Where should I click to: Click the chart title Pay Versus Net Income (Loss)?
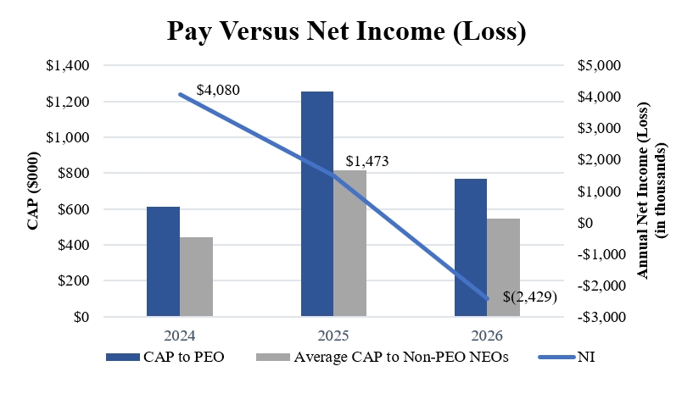pyautogui.click(x=346, y=31)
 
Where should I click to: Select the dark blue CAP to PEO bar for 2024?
pyautogui.click(x=163, y=262)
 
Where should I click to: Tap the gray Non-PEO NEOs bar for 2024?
pyautogui.click(x=196, y=276)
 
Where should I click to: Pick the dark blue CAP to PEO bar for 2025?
pyautogui.click(x=317, y=203)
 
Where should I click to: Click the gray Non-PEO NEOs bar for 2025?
pyautogui.click(x=349, y=243)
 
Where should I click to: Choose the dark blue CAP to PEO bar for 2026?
pyautogui.click(x=471, y=247)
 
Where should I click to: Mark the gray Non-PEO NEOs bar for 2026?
pyautogui.click(x=503, y=267)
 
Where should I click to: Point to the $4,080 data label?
pyautogui.click(x=218, y=90)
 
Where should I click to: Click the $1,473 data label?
pyautogui.click(x=367, y=161)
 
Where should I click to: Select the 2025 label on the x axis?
pyautogui.click(x=333, y=336)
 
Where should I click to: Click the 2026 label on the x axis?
pyautogui.click(x=487, y=336)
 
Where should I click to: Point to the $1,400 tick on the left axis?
pyautogui.click(x=68, y=65)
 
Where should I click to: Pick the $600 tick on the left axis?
pyautogui.click(x=73, y=209)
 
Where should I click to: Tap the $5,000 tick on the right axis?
pyautogui.click(x=599, y=65)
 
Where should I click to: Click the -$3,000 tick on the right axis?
pyautogui.click(x=601, y=317)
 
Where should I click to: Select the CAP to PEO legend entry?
pyautogui.click(x=165, y=357)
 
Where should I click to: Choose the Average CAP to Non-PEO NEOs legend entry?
pyautogui.click(x=383, y=357)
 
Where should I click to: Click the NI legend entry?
pyautogui.click(x=567, y=357)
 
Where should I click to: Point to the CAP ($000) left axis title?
pyautogui.click(x=33, y=191)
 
